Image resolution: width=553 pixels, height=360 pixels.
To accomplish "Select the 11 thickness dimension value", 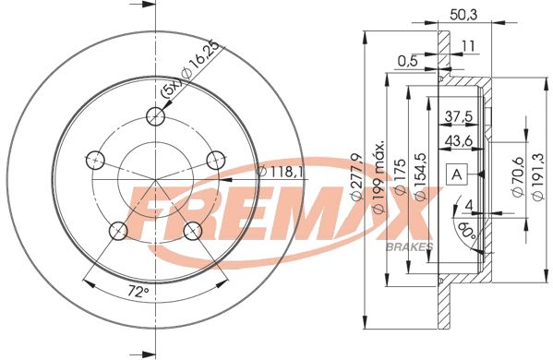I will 469,44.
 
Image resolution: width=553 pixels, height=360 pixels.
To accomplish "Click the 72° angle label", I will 137,292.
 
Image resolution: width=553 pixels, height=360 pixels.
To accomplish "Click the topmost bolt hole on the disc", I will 157,116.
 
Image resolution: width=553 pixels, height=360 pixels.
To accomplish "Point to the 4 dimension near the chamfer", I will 469,204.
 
